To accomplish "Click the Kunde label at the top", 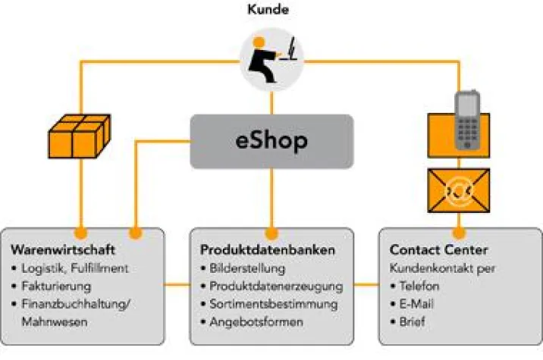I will coord(271,10).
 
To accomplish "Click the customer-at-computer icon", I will coord(271,59).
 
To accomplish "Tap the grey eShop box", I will coord(271,141).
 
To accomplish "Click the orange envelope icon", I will coord(459,190).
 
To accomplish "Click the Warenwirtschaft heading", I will coord(62,249).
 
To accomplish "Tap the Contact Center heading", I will coord(438,249).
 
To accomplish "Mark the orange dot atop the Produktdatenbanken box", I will coord(271,232).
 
